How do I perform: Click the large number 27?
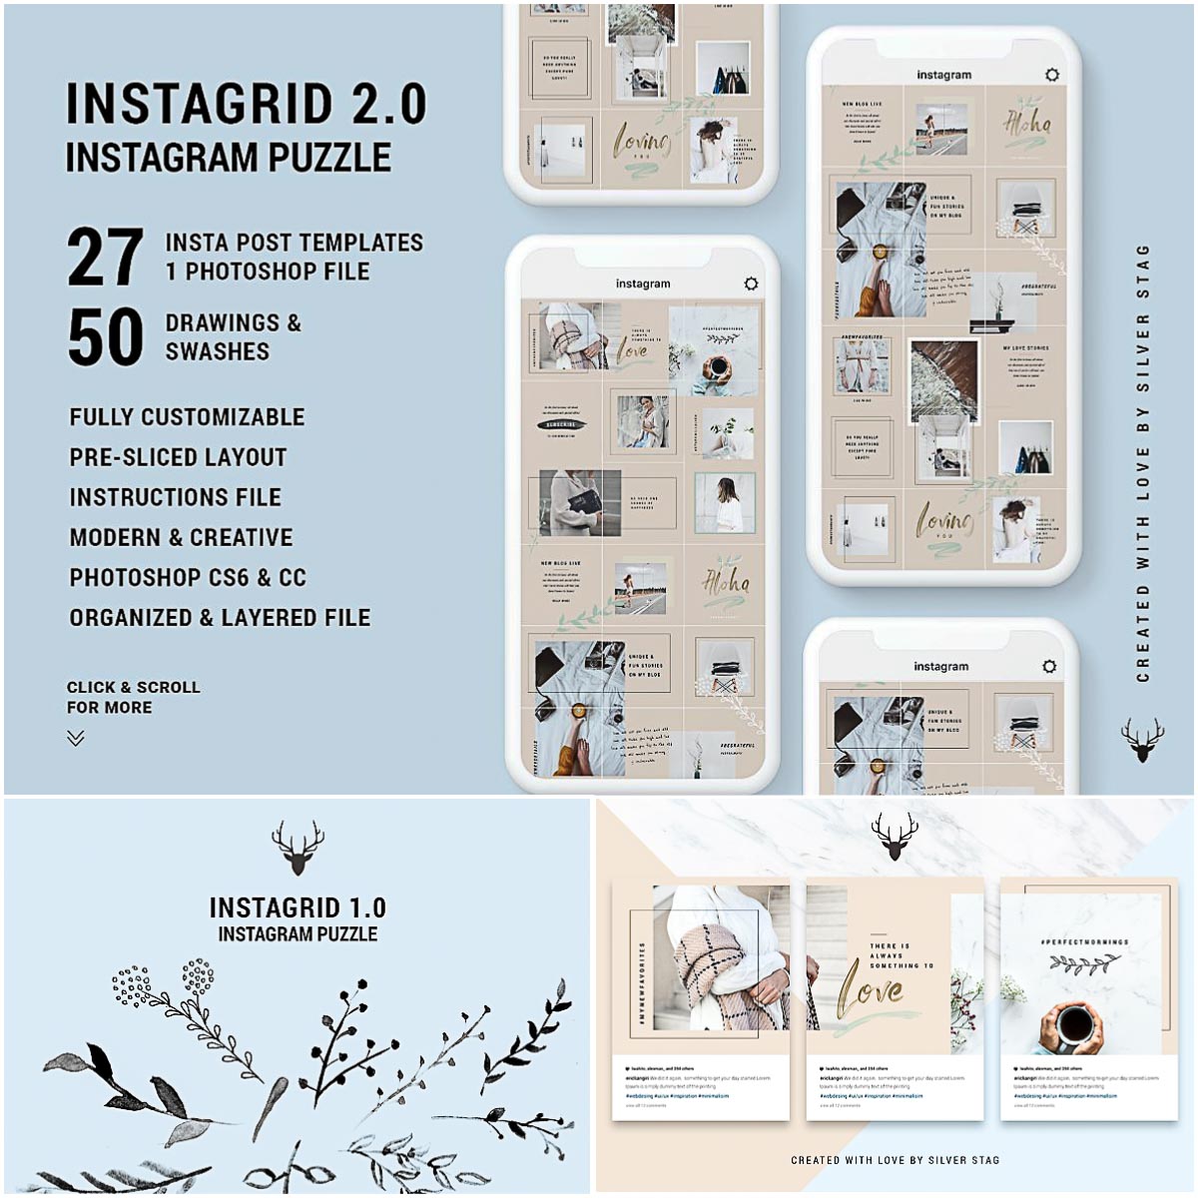[x=106, y=258]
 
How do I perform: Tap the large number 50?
[x=106, y=337]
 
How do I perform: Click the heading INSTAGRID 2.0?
[x=246, y=105]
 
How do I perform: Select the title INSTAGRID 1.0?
[x=298, y=907]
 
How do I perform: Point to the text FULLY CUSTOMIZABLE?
[x=187, y=417]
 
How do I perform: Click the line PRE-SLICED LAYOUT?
[x=178, y=457]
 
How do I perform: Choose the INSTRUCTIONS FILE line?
[x=175, y=497]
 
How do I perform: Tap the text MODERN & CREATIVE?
[x=181, y=537]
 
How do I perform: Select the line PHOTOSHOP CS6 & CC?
[x=188, y=577]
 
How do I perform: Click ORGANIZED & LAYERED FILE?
[x=220, y=618]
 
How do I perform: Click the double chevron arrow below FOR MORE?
[x=76, y=739]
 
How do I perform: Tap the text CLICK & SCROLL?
[x=133, y=687]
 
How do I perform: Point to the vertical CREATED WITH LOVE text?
[x=1143, y=463]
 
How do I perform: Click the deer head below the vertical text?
[x=1142, y=740]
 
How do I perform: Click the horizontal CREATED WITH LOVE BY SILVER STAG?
[x=895, y=1160]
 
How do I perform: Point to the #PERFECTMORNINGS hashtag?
[x=1084, y=941]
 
